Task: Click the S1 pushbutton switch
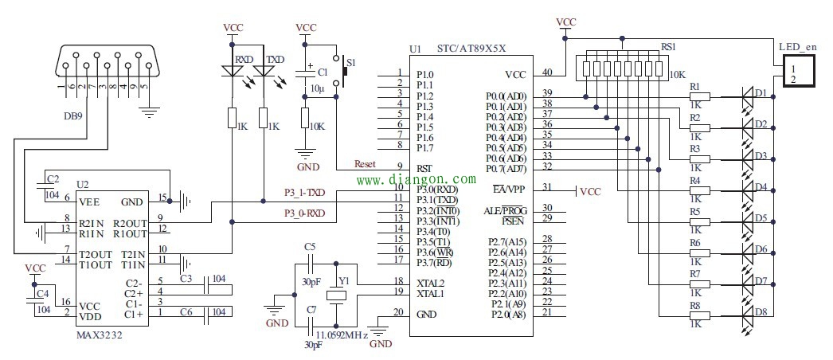tap(344, 70)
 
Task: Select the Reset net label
tap(365, 164)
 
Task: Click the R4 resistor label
tap(694, 181)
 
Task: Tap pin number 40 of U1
tap(547, 72)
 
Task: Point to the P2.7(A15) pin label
tap(506, 240)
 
